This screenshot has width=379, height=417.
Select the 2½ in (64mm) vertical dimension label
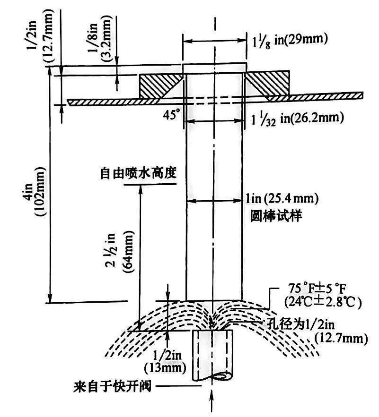122,260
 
